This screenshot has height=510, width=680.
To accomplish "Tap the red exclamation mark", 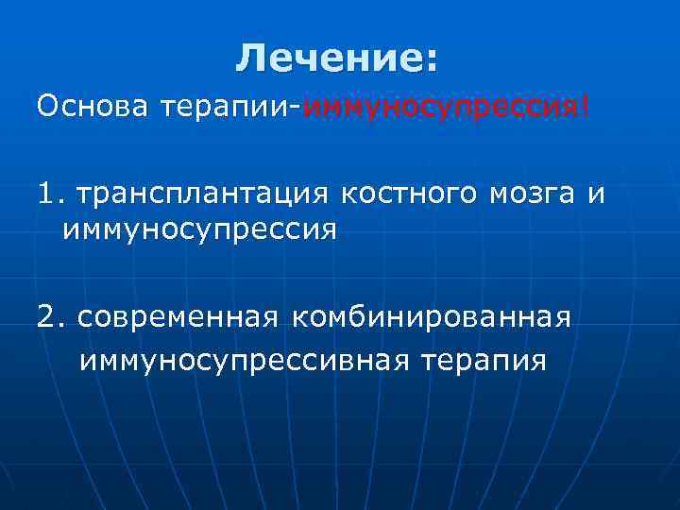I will pyautogui.click(x=585, y=107).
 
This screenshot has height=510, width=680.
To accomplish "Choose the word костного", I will pyautogui.click(x=408, y=194).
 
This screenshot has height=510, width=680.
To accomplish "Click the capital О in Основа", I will pyautogui.click(x=47, y=108).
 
